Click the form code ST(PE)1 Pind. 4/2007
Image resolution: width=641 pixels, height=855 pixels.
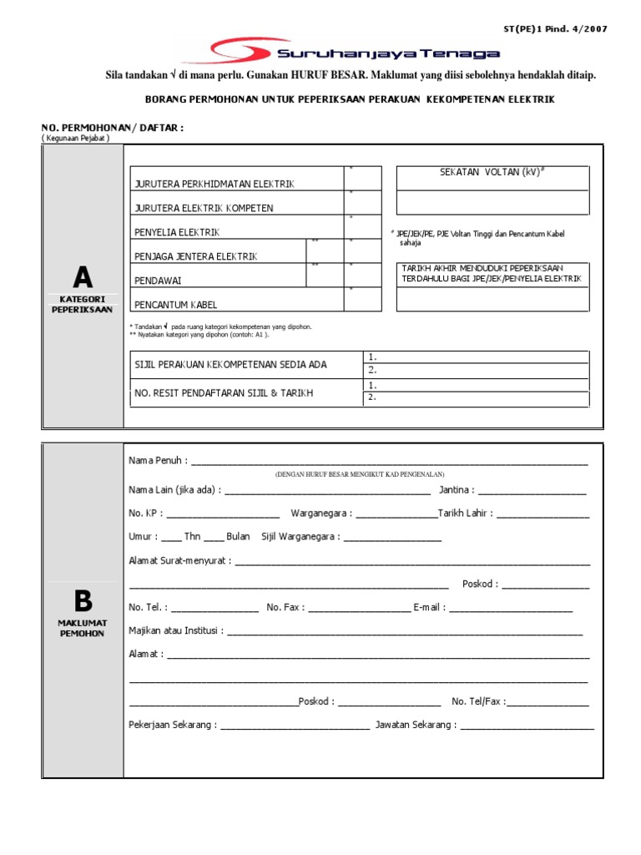point(555,29)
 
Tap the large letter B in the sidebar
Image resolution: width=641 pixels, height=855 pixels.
point(83,600)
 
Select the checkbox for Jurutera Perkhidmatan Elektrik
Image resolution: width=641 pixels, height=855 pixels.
point(363,178)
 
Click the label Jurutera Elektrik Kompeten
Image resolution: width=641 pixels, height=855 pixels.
point(204,208)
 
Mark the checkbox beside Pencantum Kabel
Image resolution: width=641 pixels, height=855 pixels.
point(363,299)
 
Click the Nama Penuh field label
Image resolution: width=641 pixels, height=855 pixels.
point(158,461)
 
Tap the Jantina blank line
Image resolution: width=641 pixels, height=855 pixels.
point(532,490)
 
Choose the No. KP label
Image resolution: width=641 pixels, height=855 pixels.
point(145,514)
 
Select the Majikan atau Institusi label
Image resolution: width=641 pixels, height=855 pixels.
point(176,631)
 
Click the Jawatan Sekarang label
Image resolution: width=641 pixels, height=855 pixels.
point(416,725)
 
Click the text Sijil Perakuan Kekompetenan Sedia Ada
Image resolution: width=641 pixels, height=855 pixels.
point(230,365)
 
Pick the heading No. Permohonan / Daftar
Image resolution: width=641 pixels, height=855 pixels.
point(113,127)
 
